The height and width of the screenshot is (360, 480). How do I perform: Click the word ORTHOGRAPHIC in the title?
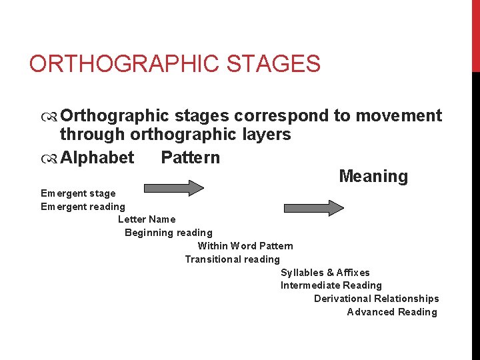click(124, 65)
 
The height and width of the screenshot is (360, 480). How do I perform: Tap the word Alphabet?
click(97, 157)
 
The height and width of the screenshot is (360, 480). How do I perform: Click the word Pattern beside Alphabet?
click(190, 157)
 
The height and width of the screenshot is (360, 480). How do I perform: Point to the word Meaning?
click(373, 176)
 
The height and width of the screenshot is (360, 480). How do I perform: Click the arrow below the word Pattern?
click(187, 188)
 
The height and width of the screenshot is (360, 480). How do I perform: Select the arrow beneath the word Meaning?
click(314, 207)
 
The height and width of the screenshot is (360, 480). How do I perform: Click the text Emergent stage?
click(78, 193)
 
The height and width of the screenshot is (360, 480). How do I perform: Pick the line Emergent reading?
click(83, 207)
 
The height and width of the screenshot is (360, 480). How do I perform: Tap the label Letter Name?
click(147, 219)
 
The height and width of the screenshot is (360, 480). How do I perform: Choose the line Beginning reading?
click(169, 233)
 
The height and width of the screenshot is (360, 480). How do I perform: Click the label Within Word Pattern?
click(245, 246)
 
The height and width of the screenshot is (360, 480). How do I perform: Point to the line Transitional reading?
click(233, 259)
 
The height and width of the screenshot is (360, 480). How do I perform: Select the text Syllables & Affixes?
click(325, 273)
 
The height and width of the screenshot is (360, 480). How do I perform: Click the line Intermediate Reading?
click(331, 285)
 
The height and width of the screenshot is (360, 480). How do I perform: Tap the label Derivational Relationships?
click(377, 299)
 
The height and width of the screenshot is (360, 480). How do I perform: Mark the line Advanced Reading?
click(392, 312)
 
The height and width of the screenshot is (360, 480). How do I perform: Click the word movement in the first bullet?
click(398, 116)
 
